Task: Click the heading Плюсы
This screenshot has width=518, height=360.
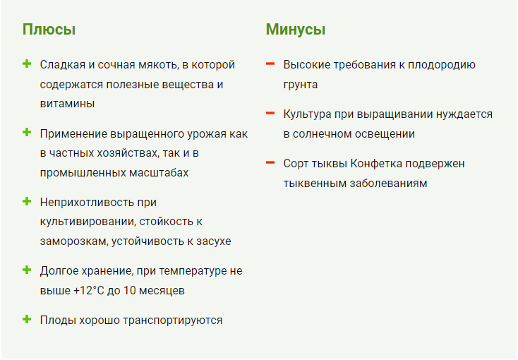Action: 49,29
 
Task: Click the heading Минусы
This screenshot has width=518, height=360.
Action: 296,29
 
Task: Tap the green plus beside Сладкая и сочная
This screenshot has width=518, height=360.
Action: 27,64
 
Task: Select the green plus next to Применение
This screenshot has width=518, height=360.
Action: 27,133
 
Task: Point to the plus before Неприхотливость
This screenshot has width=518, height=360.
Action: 27,201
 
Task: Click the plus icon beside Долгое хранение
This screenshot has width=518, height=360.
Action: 27,270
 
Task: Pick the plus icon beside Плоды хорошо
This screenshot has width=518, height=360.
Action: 27,319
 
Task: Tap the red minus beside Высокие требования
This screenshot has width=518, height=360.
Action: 270,64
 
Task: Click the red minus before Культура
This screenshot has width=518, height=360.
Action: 270,113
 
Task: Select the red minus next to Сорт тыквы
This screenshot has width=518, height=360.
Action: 270,162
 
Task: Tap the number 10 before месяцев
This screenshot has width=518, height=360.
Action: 130,291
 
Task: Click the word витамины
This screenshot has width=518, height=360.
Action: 67,104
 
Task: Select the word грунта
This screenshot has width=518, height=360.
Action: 301,85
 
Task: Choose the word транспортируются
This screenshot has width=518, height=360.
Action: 173,320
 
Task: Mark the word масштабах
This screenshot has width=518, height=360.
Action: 159,173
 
